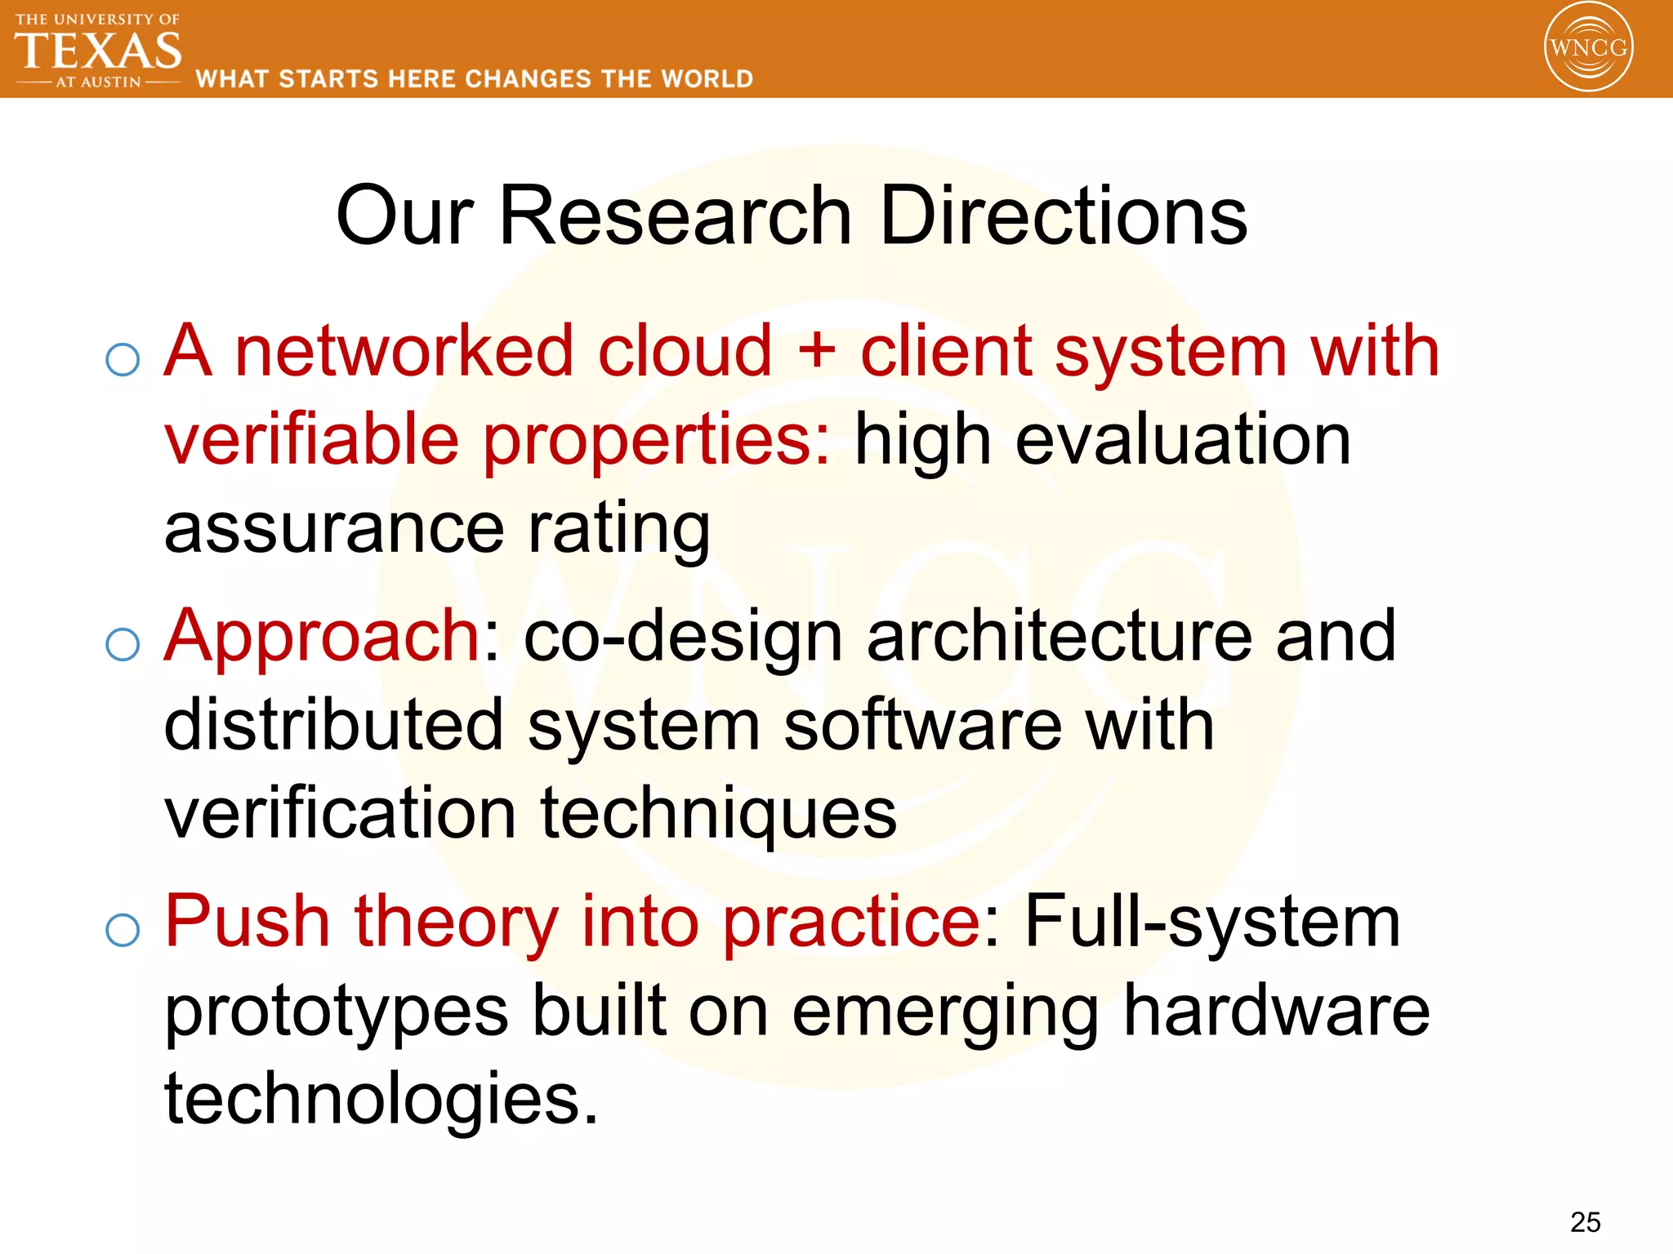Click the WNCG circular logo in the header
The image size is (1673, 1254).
(1588, 47)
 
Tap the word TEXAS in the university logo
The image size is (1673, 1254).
(98, 51)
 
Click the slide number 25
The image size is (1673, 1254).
(1585, 1222)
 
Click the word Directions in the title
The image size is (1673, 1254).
(1063, 216)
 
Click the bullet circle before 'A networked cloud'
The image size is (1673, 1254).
(123, 359)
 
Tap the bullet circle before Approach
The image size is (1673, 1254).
(123, 645)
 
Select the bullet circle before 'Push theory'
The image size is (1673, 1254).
(123, 930)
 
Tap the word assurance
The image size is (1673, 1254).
(334, 528)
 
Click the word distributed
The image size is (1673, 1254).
(333, 725)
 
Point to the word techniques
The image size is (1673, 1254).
(718, 815)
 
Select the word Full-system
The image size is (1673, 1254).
(1212, 923)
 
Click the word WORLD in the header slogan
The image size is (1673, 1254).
(707, 79)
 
